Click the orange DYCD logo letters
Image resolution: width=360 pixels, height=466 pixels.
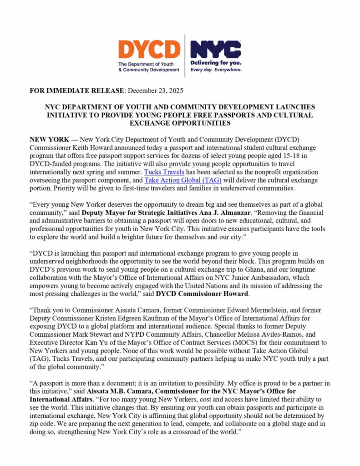click(x=149, y=50)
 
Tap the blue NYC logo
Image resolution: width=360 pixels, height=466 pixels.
click(x=215, y=50)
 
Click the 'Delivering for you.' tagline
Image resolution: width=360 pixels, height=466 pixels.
click(x=215, y=63)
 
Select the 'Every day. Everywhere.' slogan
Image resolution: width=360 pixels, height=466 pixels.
click(x=215, y=70)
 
